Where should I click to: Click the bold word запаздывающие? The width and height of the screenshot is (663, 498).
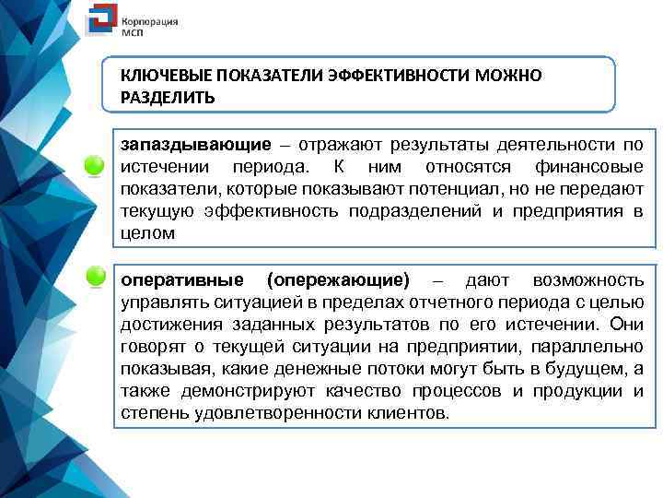(195, 145)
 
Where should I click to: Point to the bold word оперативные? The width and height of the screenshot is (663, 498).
(181, 279)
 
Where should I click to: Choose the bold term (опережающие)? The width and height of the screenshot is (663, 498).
(337, 279)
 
